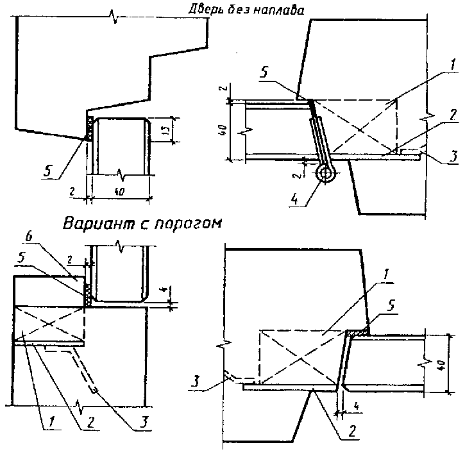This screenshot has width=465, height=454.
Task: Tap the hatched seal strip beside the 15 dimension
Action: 90,129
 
